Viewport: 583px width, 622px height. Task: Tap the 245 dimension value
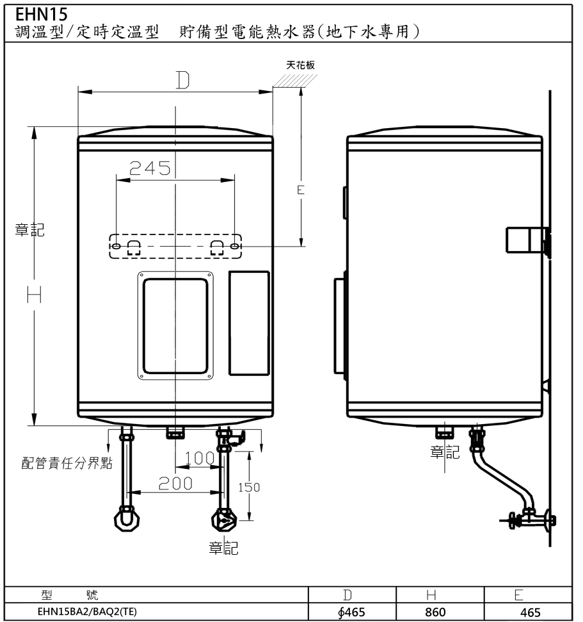[x=150, y=168]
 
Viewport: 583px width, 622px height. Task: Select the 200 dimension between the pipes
[x=175, y=484]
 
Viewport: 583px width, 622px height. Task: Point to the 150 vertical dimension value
[x=249, y=487]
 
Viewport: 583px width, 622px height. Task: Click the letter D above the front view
[x=183, y=80]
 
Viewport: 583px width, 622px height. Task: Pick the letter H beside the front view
[x=34, y=295]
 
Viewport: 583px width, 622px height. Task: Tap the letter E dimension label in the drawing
[x=301, y=190]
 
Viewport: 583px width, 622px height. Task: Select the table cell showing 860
[x=435, y=612]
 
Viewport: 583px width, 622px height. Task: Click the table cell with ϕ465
[x=352, y=612]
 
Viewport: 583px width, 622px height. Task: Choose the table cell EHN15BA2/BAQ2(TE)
[x=87, y=612]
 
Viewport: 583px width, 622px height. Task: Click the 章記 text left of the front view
[x=30, y=230]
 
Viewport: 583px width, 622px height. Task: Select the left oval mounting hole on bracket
[x=116, y=247]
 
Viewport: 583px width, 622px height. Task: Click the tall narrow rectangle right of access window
[x=249, y=323]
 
